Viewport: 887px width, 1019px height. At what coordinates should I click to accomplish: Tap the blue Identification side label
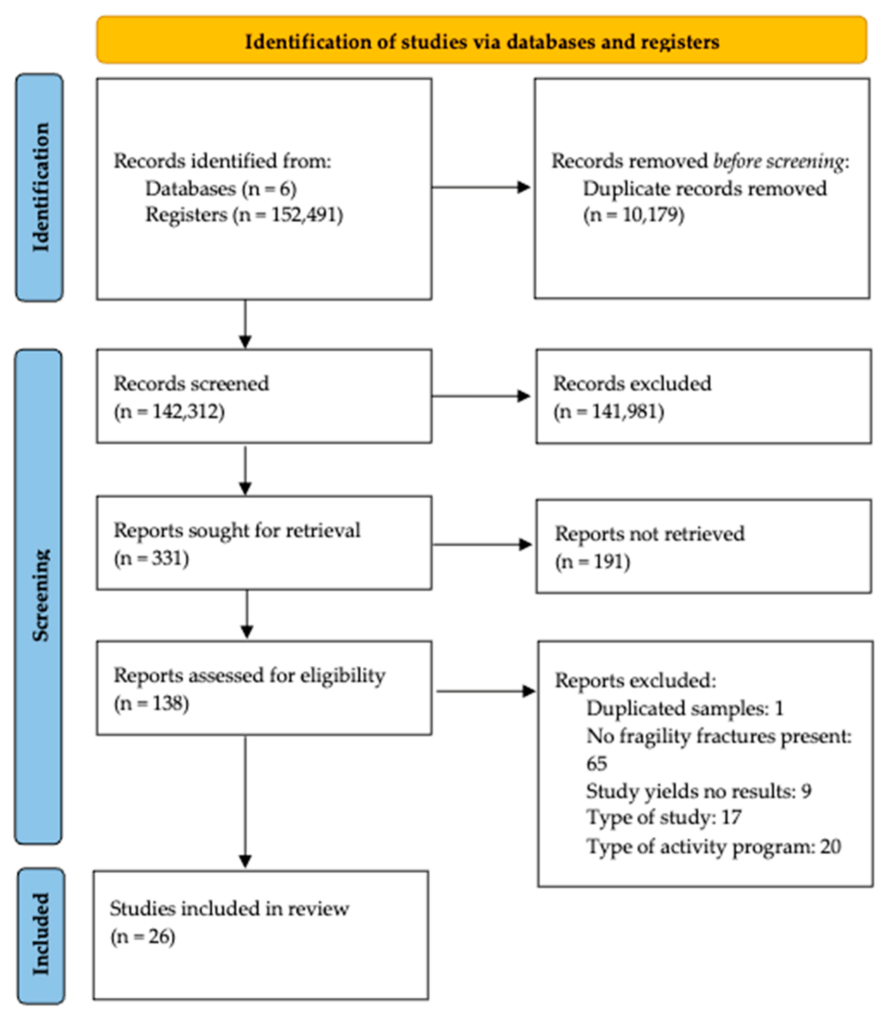pos(40,188)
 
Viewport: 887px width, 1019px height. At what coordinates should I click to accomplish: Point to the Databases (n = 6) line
pos(221,188)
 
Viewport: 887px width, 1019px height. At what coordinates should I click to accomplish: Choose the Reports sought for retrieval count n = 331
pos(151,558)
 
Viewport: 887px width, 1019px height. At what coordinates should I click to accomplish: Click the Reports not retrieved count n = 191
pos(593,562)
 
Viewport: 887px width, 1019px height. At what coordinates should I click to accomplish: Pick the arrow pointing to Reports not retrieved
pos(482,545)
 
